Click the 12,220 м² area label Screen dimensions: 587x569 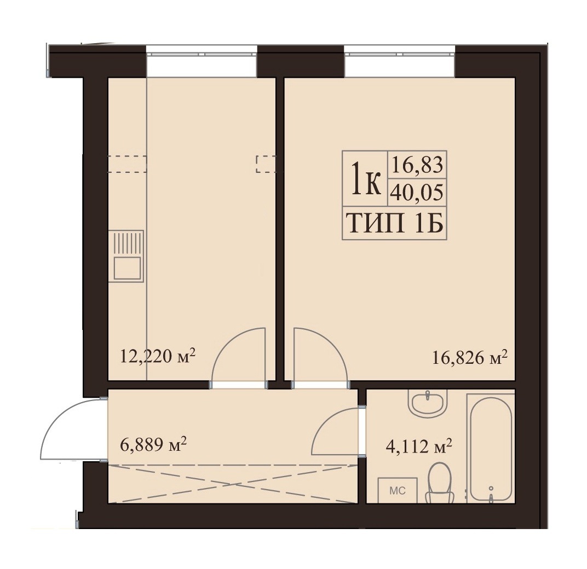point(158,356)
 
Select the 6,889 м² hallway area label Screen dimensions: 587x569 point(153,445)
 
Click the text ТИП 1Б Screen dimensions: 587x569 point(395,223)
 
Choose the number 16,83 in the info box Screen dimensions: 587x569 point(417,165)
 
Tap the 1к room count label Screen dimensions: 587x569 point(365,179)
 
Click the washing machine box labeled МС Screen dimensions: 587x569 point(397,490)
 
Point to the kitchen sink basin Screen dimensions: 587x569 point(128,268)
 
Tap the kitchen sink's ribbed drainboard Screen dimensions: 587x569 point(128,243)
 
